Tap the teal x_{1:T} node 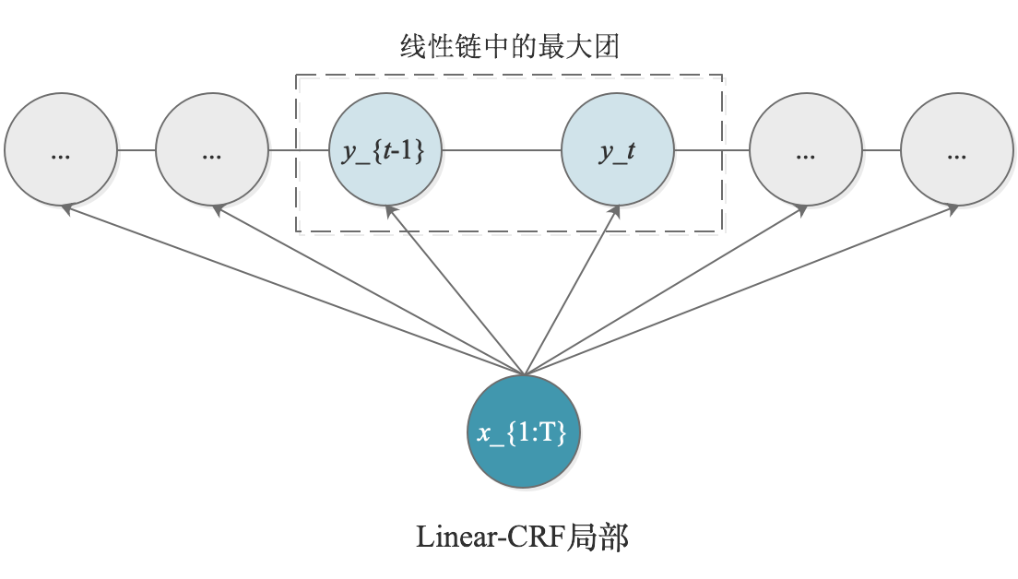click(525, 431)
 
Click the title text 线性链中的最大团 click(509, 47)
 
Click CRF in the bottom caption click(539, 538)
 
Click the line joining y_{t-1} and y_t click(503, 149)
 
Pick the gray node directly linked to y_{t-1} click(212, 149)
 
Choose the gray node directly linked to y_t click(805, 149)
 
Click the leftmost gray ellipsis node click(61, 149)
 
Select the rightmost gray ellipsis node click(956, 149)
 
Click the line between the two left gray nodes click(136, 149)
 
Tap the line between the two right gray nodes click(881, 149)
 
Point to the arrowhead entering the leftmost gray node click(66, 210)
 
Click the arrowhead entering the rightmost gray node click(952, 210)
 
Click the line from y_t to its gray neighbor click(712, 149)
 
